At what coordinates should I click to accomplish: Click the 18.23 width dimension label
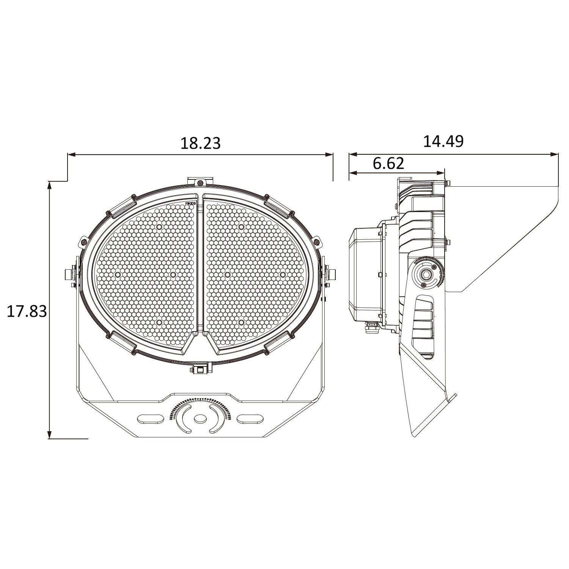tap(200, 143)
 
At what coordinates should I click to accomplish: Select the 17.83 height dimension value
tap(27, 311)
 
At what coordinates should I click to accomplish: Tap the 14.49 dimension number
tap(443, 141)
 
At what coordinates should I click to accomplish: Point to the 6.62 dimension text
tap(388, 163)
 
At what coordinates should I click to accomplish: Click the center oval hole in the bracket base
tap(199, 419)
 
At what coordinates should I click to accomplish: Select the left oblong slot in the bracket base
tap(149, 418)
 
